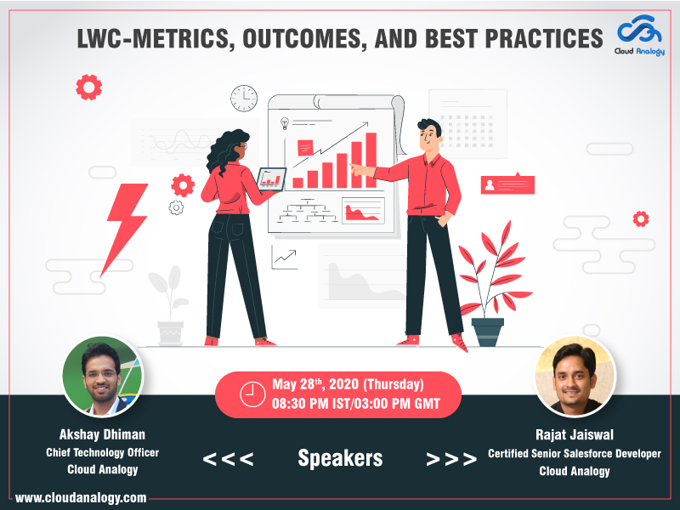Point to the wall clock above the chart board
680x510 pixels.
click(244, 99)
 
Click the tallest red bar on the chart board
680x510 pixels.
click(371, 160)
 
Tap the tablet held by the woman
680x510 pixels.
click(271, 179)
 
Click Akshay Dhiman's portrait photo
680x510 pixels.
click(103, 377)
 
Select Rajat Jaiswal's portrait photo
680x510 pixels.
click(575, 377)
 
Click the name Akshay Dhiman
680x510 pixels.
click(102, 434)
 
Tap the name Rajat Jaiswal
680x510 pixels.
click(575, 434)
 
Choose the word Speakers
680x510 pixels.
click(341, 458)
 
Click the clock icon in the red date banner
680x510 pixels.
click(252, 394)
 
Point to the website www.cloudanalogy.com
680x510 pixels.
click(81, 497)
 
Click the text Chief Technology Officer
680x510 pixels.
click(102, 452)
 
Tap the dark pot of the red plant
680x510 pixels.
click(487, 332)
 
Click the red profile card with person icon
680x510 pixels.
click(507, 184)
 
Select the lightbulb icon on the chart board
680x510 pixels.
click(285, 123)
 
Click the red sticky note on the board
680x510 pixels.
click(305, 148)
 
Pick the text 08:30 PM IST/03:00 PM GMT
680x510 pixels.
click(356, 404)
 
